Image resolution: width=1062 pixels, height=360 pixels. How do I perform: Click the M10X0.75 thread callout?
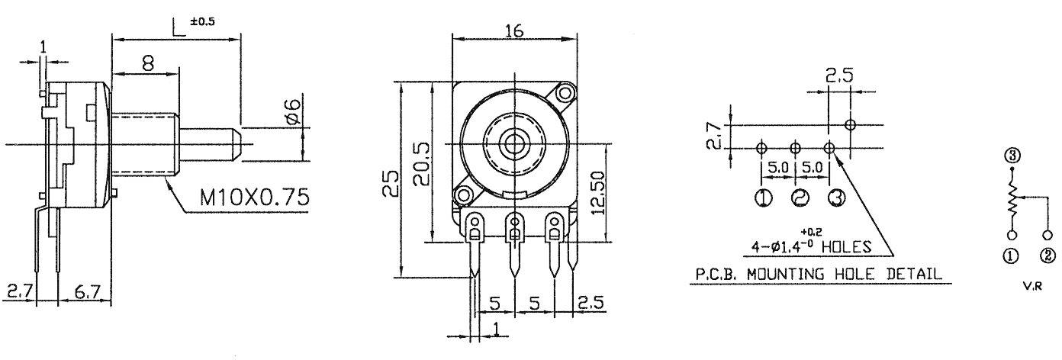pos(255,198)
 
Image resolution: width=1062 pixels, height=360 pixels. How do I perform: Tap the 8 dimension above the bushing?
pos(148,64)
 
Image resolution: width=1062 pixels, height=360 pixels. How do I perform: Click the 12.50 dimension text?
pos(597,193)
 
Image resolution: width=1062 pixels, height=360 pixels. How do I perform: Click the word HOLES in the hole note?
pos(846,246)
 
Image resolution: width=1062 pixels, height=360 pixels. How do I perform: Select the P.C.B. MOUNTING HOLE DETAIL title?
pos(816,272)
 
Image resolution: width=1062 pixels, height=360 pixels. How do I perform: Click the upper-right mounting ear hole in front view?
pos(565,94)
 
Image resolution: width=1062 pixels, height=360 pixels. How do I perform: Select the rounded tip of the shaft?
pos(237,143)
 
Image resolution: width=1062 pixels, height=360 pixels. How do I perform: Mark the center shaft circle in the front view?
pos(515,143)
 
